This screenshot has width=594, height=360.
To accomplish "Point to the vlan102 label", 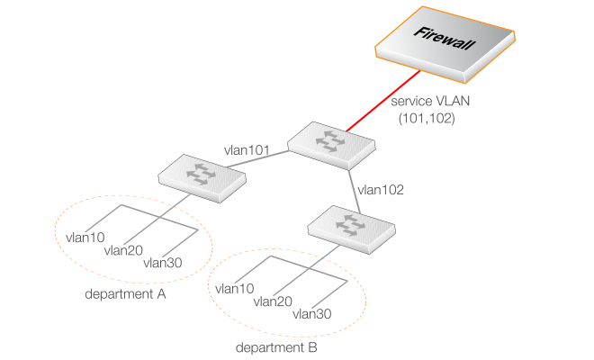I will [381, 190].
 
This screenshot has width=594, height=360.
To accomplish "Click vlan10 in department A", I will [86, 238].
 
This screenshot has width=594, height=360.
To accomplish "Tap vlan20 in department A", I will [123, 250].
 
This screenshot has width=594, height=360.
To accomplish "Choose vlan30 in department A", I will [163, 263].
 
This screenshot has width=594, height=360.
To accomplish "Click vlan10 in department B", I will [236, 289].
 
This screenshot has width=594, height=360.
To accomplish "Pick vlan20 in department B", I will [274, 301].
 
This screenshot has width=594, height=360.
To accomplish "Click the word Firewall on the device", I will [443, 38].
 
